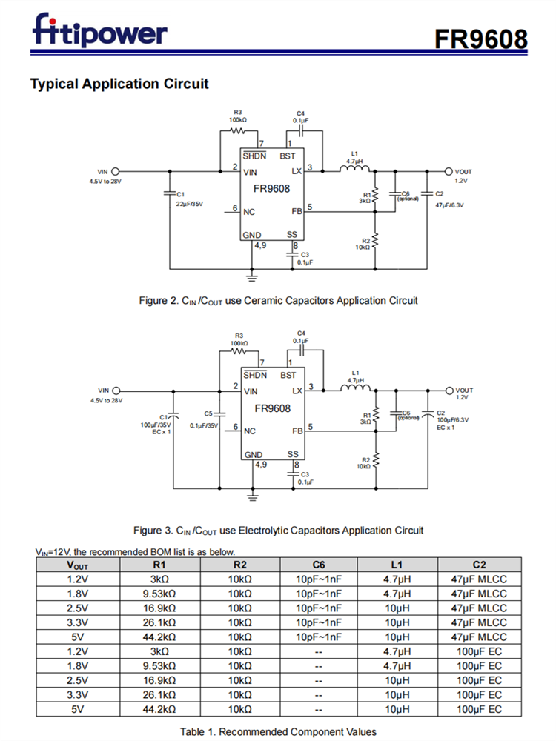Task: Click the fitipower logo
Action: [100, 31]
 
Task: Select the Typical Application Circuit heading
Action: [119, 84]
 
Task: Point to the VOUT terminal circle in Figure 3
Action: [449, 391]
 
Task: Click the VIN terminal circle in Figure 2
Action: [116, 171]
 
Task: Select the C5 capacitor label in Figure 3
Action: [208, 413]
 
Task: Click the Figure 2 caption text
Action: [278, 300]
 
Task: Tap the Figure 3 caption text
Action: [278, 530]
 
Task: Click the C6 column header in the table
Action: [318, 565]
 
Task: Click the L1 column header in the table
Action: [397, 565]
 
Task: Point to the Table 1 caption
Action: [278, 731]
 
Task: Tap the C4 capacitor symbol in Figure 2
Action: [300, 130]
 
